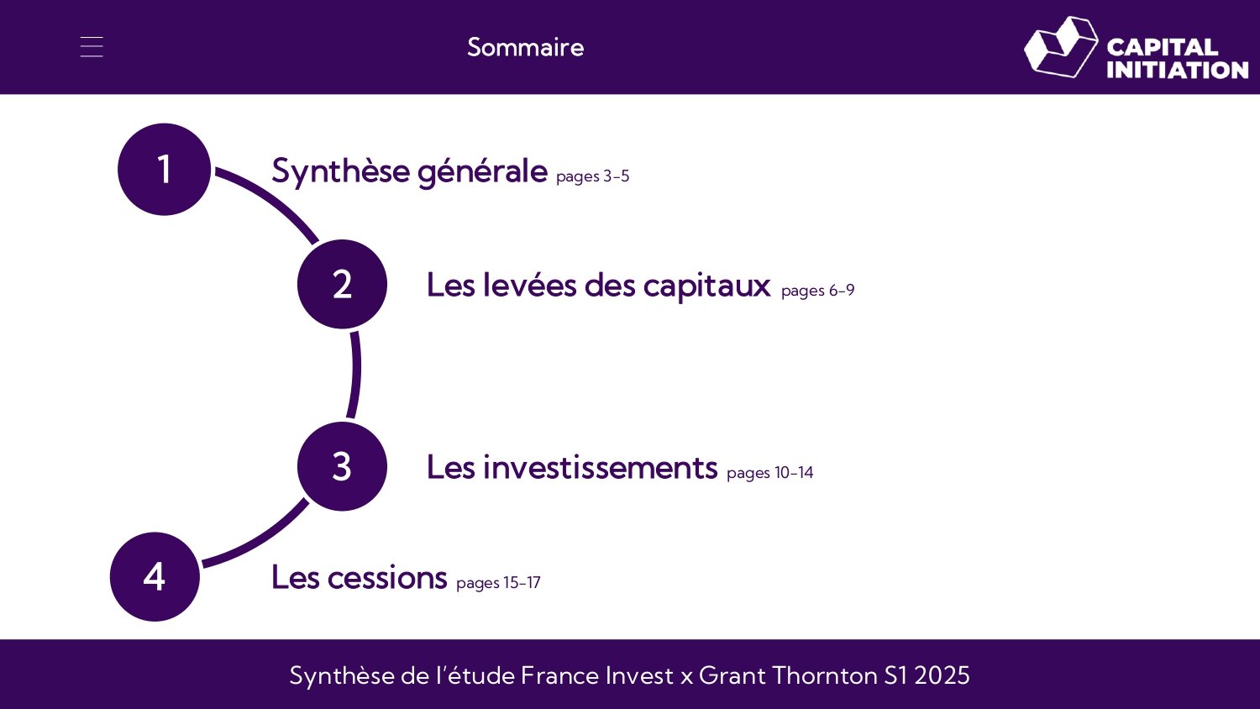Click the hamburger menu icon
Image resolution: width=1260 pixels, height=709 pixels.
[x=92, y=47]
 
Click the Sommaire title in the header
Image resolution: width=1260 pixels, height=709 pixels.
[x=525, y=47]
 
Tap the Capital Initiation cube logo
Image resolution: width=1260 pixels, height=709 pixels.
[x=1060, y=47]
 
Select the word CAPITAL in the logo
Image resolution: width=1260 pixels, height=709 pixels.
[x=1162, y=47]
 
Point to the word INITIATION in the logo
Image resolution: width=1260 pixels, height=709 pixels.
[x=1177, y=70]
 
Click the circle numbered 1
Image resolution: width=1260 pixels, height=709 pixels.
[x=164, y=169]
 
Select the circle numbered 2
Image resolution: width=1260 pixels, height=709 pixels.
[x=342, y=284]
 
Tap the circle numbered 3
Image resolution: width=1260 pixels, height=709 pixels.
[x=342, y=466]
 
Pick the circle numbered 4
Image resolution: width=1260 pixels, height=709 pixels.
[x=155, y=576]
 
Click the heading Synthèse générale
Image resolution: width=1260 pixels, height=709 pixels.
[x=409, y=171]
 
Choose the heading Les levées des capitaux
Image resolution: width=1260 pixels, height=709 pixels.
[x=598, y=286]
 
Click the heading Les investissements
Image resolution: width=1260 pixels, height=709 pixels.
[x=571, y=467]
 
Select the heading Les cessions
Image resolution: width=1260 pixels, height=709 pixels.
[x=359, y=578]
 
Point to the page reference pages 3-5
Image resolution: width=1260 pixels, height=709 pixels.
[x=592, y=176]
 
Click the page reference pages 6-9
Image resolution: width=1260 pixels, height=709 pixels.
[x=817, y=291]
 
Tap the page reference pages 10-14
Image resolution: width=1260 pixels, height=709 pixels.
[x=769, y=473]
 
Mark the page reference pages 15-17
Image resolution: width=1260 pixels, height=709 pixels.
[x=498, y=583]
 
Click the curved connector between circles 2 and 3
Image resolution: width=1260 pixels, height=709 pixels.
[x=356, y=374]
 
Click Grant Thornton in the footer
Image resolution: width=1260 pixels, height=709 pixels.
[x=788, y=675]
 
